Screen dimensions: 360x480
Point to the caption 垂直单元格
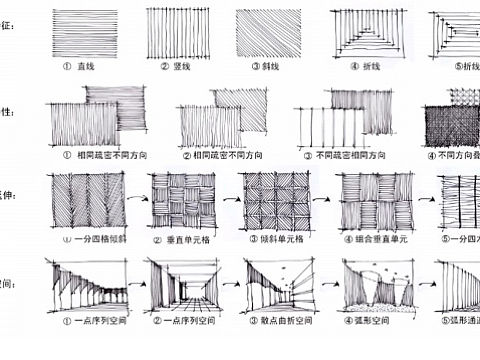coord(189,239)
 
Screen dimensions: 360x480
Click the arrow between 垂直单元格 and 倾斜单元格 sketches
coord(231,199)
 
